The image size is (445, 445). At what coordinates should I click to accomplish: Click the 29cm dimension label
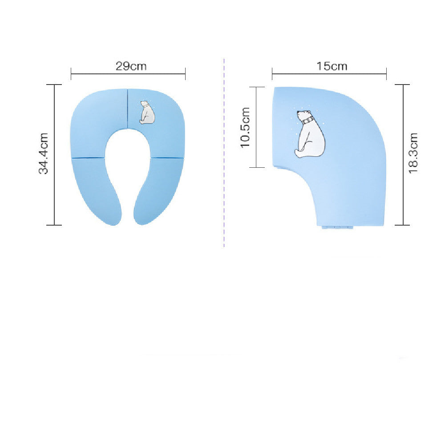click(x=131, y=66)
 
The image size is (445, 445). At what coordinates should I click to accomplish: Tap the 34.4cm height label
click(x=43, y=153)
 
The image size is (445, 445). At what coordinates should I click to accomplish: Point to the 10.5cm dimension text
click(x=246, y=127)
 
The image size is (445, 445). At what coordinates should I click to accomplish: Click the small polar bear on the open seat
click(x=146, y=113)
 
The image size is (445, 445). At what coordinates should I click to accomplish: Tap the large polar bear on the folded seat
click(x=310, y=134)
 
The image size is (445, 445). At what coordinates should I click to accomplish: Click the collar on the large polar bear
click(x=307, y=120)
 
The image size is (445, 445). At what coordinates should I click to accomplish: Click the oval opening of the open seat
click(x=128, y=165)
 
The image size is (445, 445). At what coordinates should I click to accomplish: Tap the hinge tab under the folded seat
click(x=338, y=227)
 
